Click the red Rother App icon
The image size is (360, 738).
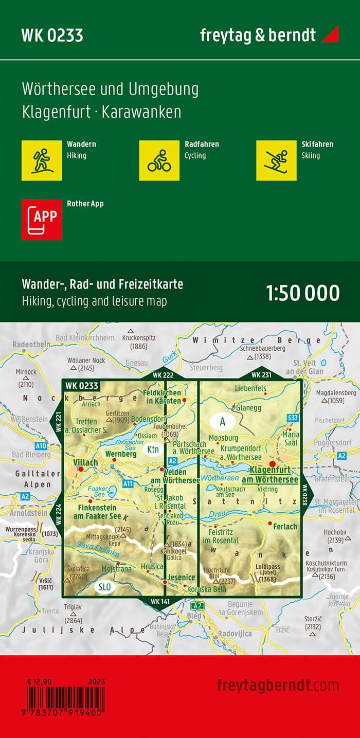pos(42,219)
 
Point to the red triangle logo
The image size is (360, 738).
pos(330,35)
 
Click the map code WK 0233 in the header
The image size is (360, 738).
pos(52,35)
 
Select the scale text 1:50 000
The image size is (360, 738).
pos(303,293)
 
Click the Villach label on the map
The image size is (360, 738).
pos(86,463)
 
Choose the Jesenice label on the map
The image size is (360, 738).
pos(178,578)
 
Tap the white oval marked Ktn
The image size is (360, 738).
pos(153,449)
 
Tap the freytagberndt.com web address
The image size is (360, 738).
pos(278,685)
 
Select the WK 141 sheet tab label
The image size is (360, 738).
pos(160,601)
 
